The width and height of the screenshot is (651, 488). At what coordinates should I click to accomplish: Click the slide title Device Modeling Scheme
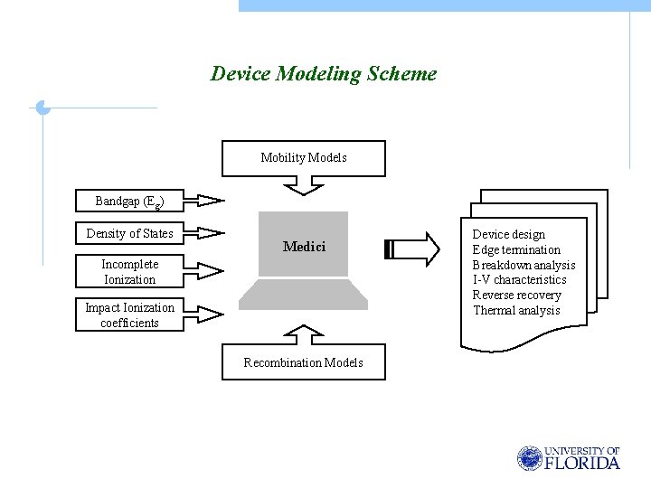tap(323, 74)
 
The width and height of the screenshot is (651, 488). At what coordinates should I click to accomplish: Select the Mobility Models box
tap(304, 158)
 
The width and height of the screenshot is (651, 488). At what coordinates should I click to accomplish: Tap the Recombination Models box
tap(304, 362)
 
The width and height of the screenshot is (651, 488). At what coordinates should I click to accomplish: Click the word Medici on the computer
tap(304, 246)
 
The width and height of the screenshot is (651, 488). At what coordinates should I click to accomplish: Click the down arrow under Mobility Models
tap(304, 186)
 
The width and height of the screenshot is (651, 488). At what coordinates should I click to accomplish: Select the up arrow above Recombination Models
tap(304, 334)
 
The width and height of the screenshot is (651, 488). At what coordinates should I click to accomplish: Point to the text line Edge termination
tap(516, 249)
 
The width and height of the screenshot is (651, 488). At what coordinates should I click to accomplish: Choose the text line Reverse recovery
tap(516, 296)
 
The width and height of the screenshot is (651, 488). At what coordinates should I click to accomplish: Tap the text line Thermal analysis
tap(516, 311)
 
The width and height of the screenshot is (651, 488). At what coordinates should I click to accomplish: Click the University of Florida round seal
tap(529, 458)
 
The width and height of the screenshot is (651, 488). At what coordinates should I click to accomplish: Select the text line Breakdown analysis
tap(524, 265)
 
